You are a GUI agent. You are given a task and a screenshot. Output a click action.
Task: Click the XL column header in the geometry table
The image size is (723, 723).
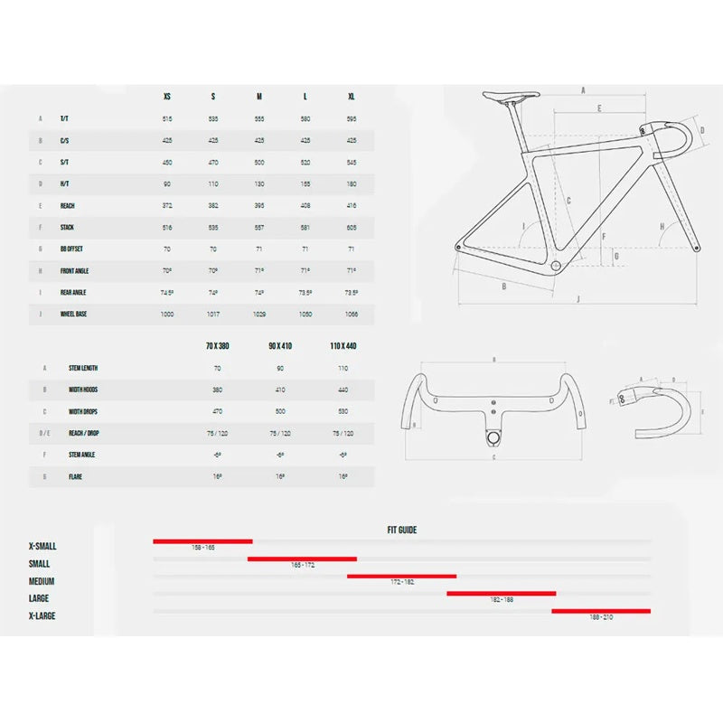coord(351,96)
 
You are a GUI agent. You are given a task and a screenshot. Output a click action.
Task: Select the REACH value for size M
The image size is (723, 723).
coord(259,205)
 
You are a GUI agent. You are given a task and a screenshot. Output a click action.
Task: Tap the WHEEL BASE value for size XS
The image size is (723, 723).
coord(167,314)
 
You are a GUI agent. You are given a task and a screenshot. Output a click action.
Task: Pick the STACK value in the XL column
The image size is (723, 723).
coord(351,227)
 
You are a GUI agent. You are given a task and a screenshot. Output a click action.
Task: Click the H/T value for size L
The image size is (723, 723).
coord(305,183)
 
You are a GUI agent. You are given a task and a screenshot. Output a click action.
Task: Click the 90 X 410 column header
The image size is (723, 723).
coord(280,346)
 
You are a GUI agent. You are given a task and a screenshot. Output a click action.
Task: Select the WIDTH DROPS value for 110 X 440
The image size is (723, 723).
coord(343,411)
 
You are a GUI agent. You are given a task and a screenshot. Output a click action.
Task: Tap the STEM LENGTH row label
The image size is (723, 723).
coord(83,368)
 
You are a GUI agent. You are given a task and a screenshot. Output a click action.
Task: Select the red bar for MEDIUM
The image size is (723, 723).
coord(401,576)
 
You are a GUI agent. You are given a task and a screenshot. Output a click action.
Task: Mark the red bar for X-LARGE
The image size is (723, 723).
coord(601,611)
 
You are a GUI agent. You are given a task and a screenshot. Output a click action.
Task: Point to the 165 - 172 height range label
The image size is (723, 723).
coord(302,565)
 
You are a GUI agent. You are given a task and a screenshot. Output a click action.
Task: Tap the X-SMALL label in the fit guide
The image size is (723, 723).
coord(42,547)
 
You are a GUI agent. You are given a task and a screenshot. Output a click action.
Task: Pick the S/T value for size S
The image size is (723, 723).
coord(213,162)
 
